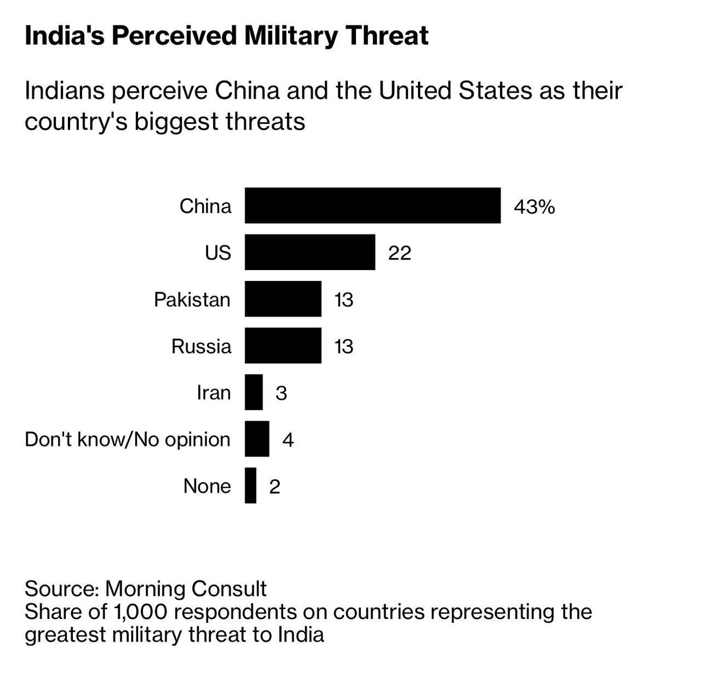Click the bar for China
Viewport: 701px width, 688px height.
click(x=372, y=205)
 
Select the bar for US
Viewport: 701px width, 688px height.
click(x=310, y=252)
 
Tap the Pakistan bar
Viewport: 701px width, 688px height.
click(x=283, y=299)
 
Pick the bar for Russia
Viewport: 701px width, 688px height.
click(x=283, y=345)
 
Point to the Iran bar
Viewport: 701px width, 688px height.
click(x=254, y=392)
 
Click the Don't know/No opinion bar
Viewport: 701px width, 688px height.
click(x=257, y=439)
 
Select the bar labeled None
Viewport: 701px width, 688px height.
click(x=250, y=485)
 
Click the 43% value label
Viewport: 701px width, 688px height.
click(x=534, y=207)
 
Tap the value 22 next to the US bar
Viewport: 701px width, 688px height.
click(x=399, y=254)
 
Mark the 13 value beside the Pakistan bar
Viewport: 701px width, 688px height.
click(x=344, y=300)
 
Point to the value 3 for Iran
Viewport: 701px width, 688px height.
click(x=281, y=393)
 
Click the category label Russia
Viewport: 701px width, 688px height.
click(x=201, y=346)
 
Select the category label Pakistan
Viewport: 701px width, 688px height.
click(x=192, y=300)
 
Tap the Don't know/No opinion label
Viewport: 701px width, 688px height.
click(x=128, y=439)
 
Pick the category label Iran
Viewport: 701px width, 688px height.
click(x=214, y=393)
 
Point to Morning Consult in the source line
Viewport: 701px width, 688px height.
click(x=185, y=589)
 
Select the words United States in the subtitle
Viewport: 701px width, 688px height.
click(x=455, y=91)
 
